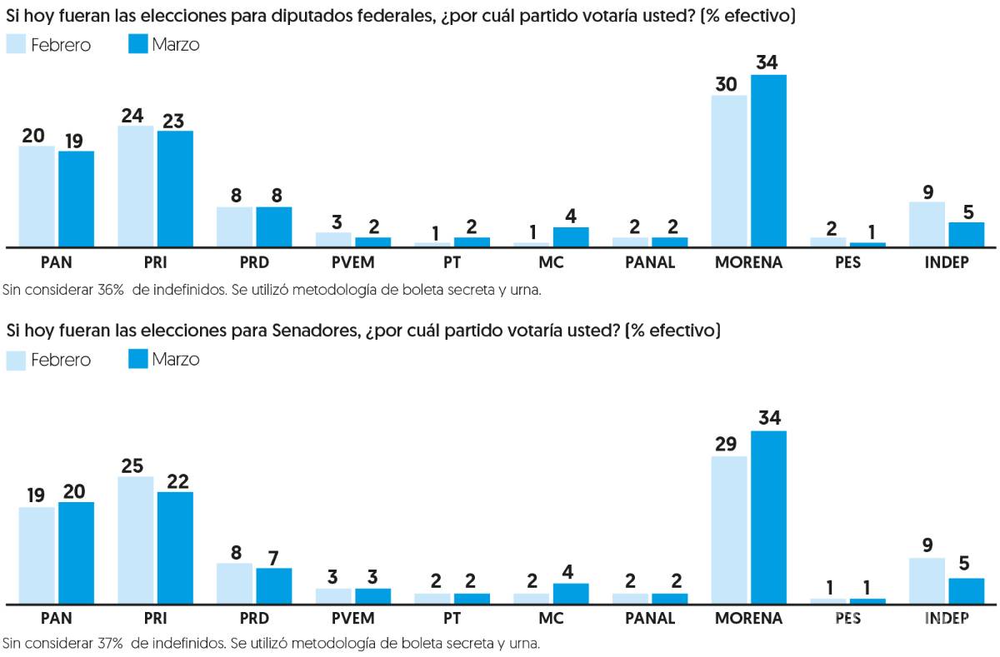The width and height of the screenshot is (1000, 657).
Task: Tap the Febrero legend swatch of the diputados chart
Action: coord(17,44)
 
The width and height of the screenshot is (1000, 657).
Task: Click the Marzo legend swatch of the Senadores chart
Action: coord(137,359)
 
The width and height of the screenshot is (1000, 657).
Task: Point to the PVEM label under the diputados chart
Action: coord(353,262)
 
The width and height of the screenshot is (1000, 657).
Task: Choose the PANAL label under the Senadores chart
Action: coord(650,619)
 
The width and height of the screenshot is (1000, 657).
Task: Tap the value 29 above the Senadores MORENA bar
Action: coord(726,443)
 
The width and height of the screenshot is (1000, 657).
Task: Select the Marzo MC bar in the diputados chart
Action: coord(571,236)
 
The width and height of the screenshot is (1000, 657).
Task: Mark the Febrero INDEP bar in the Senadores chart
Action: coord(927,580)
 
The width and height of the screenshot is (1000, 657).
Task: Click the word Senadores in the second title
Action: coord(314,331)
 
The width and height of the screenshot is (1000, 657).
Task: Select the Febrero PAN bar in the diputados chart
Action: coord(37,197)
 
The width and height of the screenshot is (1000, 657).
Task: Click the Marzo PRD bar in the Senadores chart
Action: coord(273,585)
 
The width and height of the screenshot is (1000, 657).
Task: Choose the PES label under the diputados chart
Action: coord(847,262)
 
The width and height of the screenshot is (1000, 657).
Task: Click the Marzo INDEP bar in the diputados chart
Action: coord(967,234)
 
